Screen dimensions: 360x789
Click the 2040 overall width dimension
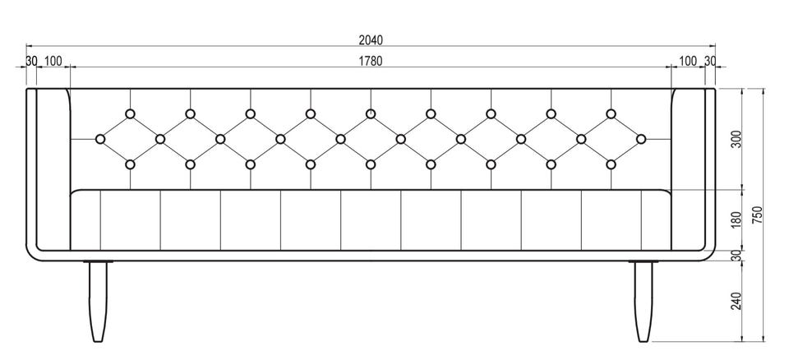(371, 39)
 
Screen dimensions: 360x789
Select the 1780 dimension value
(371, 61)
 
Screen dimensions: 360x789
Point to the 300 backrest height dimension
(736, 139)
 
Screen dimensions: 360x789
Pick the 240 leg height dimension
(736, 301)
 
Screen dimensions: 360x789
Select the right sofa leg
(645, 301)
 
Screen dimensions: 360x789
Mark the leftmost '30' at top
(31, 61)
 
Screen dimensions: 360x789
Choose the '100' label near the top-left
(52, 61)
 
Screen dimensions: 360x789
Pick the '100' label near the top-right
(688, 61)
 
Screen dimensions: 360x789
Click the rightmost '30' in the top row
(709, 61)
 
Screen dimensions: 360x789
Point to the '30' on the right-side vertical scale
(736, 256)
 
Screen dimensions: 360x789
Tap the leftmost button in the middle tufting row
(100, 140)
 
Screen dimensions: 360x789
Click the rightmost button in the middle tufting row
(641, 140)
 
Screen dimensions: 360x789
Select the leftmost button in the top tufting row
(130, 114)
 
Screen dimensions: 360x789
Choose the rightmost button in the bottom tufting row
(611, 165)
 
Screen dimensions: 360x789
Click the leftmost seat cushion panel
(85, 219)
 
